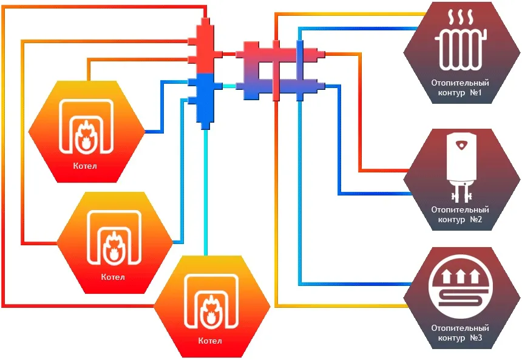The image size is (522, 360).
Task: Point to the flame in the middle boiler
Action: (114, 245)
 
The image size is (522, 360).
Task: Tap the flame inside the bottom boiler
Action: (210, 310)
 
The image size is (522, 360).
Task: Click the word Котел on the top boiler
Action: (85, 166)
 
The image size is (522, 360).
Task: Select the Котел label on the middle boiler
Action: (114, 277)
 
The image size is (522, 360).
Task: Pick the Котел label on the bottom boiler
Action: (210, 341)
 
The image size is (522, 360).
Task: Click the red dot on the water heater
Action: (463, 146)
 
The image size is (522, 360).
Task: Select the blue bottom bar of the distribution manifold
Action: (276, 89)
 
